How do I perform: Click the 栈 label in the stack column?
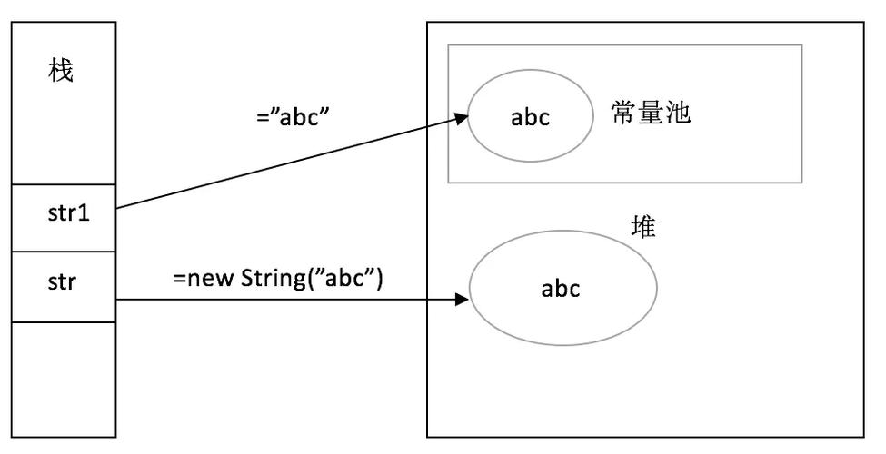(61, 72)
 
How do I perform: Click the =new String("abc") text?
(278, 277)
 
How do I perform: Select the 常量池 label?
(651, 114)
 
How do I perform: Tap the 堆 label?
(643, 227)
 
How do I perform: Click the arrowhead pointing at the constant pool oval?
(462, 118)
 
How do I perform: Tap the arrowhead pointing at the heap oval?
(462, 299)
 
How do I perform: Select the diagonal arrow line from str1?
(291, 163)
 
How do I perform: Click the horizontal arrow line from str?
(291, 299)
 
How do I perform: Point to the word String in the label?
(269, 277)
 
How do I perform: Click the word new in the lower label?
(210, 277)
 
